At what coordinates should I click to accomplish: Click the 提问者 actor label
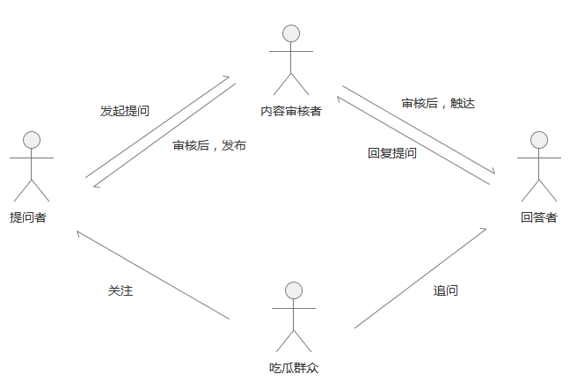28,217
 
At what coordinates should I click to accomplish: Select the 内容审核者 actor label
291,111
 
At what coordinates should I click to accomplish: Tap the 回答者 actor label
538,217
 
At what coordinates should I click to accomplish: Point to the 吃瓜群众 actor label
293,367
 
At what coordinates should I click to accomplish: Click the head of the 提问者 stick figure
33,140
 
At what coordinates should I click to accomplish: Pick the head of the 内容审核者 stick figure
291,33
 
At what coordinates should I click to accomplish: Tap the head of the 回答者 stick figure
539,140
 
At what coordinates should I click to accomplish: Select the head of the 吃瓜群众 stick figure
294,290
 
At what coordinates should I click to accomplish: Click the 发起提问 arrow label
125,112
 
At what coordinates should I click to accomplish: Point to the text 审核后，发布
209,145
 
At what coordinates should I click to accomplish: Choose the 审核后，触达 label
438,103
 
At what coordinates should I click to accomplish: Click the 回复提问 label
392,152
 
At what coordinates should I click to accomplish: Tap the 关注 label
121,290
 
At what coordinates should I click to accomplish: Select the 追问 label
446,290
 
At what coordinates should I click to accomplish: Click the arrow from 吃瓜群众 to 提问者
153,275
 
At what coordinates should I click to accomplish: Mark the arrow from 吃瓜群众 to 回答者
420,278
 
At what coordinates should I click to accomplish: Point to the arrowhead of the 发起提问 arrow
227,78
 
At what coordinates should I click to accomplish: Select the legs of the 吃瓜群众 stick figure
294,340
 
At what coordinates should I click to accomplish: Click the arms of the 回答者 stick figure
539,158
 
